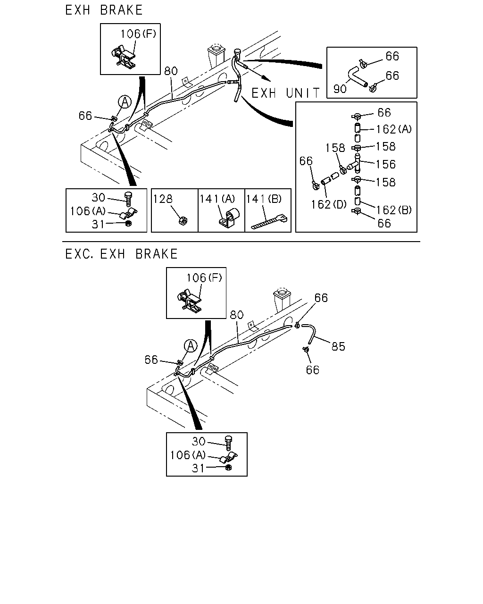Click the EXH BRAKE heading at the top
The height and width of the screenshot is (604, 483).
[x=104, y=10]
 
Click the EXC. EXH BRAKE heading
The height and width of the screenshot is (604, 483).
[x=121, y=254]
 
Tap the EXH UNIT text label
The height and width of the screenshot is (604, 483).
[x=285, y=93]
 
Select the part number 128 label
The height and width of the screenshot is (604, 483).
[x=163, y=199]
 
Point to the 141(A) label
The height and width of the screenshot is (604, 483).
[x=217, y=199]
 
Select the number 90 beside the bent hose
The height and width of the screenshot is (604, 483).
[x=340, y=89]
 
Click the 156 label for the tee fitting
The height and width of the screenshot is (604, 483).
[x=386, y=165]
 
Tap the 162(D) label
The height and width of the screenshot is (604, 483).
[x=329, y=205]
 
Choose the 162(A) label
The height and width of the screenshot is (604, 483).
[x=394, y=129]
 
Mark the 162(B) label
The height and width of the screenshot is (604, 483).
[x=394, y=210]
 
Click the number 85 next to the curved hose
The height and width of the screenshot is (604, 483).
[x=338, y=347]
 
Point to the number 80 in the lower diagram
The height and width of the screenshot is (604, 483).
[x=237, y=315]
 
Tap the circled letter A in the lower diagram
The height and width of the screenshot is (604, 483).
[x=191, y=346]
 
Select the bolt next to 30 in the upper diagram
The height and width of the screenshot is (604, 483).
[x=129, y=199]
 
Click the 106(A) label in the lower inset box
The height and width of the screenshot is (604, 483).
[x=188, y=455]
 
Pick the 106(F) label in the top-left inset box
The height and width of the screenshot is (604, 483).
[x=138, y=34]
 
